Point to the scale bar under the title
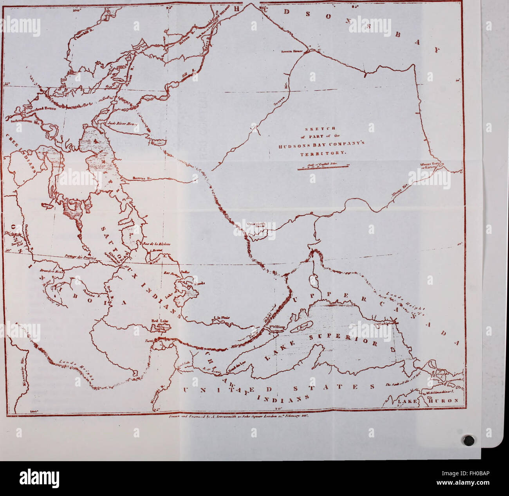click(323, 167)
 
